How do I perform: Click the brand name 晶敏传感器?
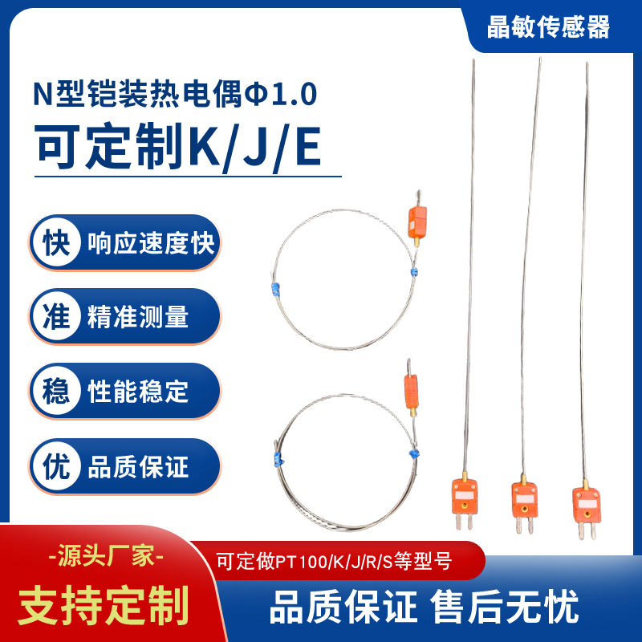(x=549, y=27)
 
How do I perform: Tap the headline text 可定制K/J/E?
(x=178, y=147)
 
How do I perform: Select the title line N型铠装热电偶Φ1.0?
(x=175, y=95)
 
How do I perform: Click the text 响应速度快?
(x=151, y=242)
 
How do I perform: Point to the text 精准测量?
(x=138, y=317)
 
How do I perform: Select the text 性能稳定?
(x=138, y=392)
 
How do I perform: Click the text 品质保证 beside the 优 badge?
(x=138, y=466)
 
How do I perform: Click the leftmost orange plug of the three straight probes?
(x=463, y=499)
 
